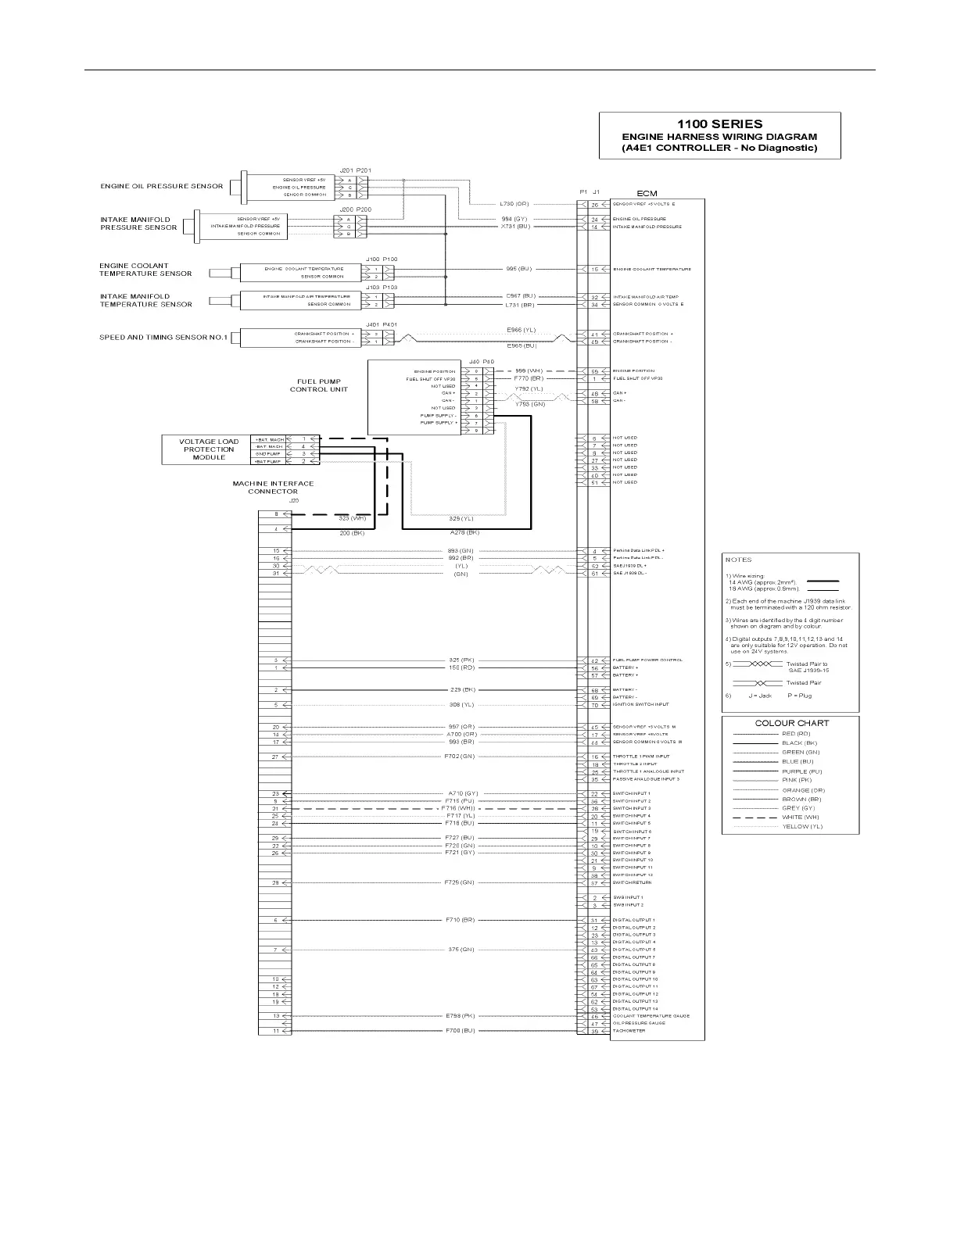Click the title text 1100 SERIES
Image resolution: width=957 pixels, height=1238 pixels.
(x=719, y=123)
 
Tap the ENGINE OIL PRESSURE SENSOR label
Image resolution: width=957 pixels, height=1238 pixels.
(x=162, y=186)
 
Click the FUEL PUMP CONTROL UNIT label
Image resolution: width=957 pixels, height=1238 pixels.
(x=319, y=385)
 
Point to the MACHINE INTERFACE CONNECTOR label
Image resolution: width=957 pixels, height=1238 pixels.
(x=273, y=488)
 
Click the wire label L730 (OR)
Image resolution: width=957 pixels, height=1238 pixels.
(x=514, y=204)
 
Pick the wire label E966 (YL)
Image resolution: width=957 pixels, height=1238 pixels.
(x=522, y=330)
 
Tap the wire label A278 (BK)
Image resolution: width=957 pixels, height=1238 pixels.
(x=464, y=532)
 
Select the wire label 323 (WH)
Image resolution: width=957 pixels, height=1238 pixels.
(x=352, y=518)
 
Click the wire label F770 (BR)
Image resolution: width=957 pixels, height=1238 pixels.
(x=528, y=378)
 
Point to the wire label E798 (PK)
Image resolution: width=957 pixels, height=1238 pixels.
(x=461, y=1016)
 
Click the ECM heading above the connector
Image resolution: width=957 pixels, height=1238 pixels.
(x=647, y=193)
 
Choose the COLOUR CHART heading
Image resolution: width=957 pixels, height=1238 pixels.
(x=791, y=723)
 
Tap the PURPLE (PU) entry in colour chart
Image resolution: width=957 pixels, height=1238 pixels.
(x=801, y=771)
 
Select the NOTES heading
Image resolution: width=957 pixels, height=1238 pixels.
(x=738, y=560)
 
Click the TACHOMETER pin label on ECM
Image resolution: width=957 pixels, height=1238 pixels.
(x=629, y=1031)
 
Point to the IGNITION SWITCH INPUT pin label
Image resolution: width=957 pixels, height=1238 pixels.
(x=640, y=705)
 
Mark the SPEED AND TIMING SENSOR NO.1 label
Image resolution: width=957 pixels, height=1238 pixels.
(x=163, y=338)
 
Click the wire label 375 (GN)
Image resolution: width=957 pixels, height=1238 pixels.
(x=461, y=950)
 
